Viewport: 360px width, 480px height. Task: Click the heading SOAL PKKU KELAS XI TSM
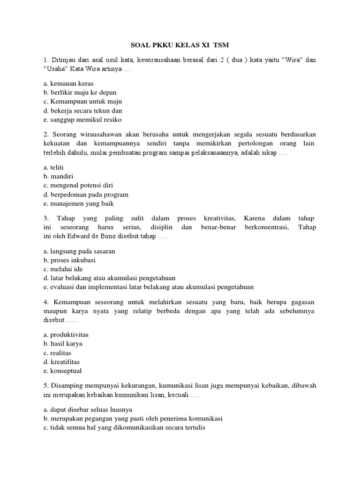tap(180, 45)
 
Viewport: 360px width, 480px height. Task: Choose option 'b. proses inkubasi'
tap(69, 260)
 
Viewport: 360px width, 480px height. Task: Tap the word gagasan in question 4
tap(300, 302)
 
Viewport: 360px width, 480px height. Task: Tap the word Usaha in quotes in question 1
tap(56, 69)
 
